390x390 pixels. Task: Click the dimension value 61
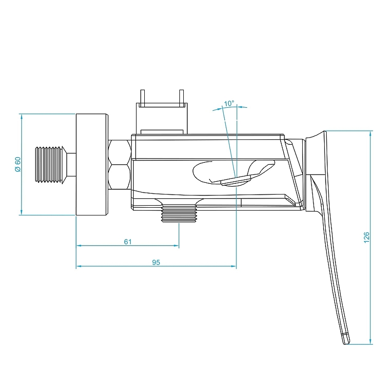point(128,241)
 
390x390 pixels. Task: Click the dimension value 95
point(156,262)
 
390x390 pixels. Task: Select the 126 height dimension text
point(367,237)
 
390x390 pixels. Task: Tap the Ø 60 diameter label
point(18,164)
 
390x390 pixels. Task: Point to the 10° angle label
point(229,103)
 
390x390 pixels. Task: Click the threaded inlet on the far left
point(51,164)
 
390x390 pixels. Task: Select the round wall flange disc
point(91,164)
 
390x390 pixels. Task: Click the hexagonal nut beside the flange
point(119,164)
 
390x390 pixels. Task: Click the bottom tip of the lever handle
point(346,340)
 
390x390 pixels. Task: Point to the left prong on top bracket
point(142,97)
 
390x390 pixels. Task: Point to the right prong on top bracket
point(181,97)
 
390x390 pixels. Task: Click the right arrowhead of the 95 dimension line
point(234,267)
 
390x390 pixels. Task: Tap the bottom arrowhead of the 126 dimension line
point(372,342)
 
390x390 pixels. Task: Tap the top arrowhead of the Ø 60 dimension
point(21,116)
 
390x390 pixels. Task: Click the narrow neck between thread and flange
point(72,164)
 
